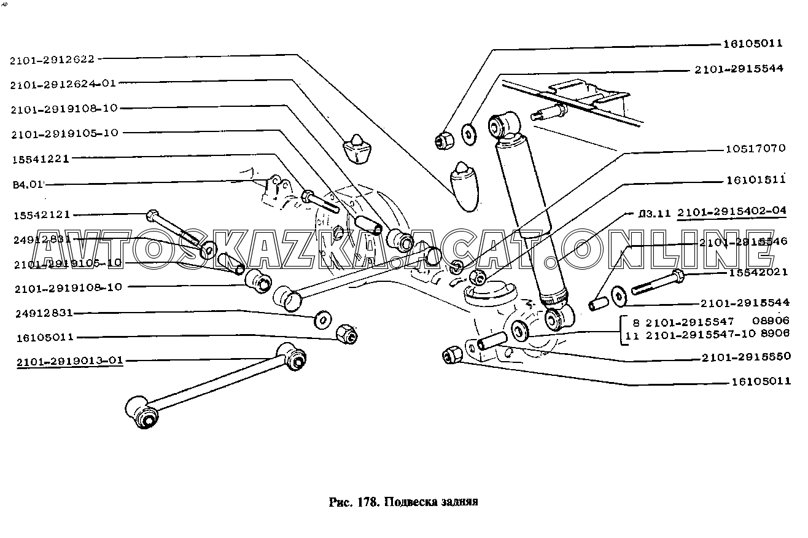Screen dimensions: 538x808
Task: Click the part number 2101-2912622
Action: point(52,60)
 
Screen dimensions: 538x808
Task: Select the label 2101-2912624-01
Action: point(63,84)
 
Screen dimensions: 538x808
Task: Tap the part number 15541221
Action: point(41,158)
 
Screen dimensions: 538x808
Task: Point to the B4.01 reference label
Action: point(28,183)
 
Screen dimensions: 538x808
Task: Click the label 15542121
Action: point(41,215)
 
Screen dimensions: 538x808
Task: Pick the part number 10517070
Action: point(753,149)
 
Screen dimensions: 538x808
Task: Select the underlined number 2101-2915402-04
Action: point(731,212)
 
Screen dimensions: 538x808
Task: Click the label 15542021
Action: point(759,273)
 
